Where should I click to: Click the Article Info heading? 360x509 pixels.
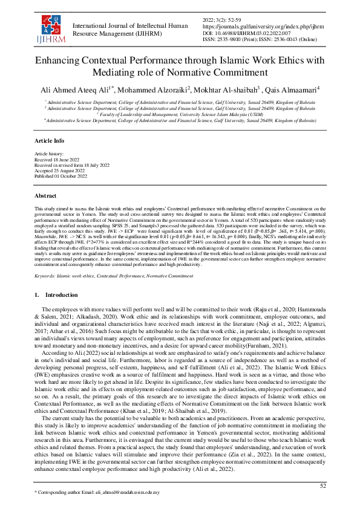(49, 140)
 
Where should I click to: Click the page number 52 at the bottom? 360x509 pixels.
(324, 485)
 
